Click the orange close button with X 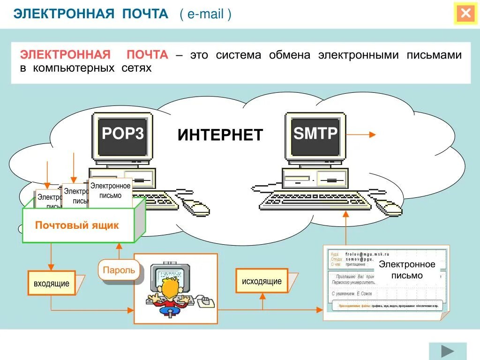tap(465, 14)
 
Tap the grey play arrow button tap(448, 351)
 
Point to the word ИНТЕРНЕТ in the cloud tap(220, 135)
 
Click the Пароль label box tap(119, 270)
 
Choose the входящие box tap(52, 283)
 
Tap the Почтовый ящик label tap(77, 225)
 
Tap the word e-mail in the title tap(205, 14)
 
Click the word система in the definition tap(238, 55)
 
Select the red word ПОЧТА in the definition tap(147, 55)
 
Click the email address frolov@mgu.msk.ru tap(367, 254)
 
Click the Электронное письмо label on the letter tap(407, 270)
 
